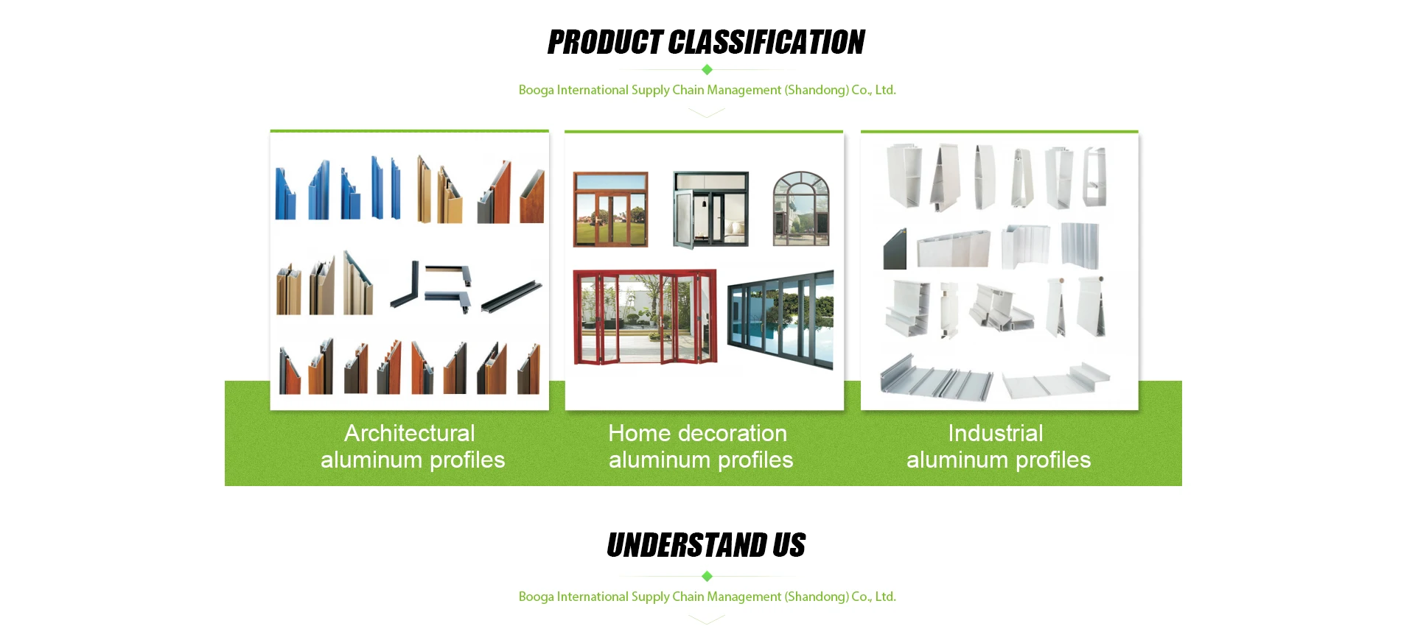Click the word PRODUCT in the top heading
605,43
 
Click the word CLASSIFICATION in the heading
766,43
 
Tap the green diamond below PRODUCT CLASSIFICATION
707,69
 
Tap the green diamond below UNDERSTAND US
707,576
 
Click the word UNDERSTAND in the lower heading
686,546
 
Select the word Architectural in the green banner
410,433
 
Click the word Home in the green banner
639,433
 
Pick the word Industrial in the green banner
996,433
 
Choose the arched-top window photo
801,208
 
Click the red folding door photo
645,317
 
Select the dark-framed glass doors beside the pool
780,319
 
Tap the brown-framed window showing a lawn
611,210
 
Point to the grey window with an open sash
710,210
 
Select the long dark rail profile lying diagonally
511,297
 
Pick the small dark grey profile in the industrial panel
895,249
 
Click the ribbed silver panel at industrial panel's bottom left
936,378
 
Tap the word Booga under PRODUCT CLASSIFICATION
537,90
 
